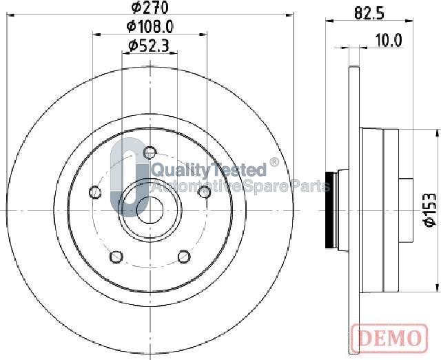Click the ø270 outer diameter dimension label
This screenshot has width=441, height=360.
point(150,8)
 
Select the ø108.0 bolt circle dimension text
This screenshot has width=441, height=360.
point(150,27)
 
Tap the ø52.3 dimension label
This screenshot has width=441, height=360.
point(149,46)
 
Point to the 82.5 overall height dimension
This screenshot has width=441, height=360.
point(369,13)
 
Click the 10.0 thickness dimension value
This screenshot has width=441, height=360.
point(389,41)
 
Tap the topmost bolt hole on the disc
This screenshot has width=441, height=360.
point(150,153)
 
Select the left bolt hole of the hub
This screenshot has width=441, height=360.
point(95,192)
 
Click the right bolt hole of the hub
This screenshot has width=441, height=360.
point(205,192)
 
